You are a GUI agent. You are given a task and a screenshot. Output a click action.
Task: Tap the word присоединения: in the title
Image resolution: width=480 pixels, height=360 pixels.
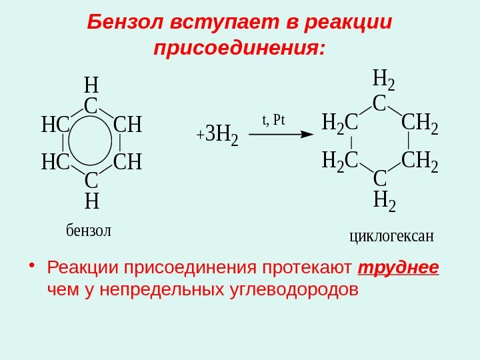(239, 49)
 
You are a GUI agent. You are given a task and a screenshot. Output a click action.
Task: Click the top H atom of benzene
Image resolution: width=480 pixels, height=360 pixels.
(91, 85)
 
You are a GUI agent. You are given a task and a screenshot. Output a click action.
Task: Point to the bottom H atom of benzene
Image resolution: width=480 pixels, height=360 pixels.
(91, 200)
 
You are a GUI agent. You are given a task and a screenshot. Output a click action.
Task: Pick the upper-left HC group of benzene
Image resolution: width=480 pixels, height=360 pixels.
(56, 125)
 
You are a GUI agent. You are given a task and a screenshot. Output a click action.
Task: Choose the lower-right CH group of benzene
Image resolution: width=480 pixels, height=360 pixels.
(128, 162)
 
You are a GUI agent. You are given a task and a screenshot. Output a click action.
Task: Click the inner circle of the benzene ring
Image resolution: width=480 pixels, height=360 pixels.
(91, 143)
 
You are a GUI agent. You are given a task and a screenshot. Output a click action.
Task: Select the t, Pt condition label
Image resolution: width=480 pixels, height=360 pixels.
(273, 120)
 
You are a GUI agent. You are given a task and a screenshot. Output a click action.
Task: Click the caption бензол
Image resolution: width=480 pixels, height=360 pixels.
(89, 231)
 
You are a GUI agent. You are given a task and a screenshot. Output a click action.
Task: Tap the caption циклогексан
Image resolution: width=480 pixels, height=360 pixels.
(391, 235)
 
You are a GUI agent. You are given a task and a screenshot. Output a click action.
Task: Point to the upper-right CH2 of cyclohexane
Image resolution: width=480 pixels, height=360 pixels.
(419, 124)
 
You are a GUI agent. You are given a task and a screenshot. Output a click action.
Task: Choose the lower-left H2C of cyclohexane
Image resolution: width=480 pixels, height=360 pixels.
(340, 161)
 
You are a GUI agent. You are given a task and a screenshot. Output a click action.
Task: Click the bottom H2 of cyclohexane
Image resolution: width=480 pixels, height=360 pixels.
(383, 199)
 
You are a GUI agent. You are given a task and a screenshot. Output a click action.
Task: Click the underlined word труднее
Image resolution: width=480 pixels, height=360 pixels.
(399, 267)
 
